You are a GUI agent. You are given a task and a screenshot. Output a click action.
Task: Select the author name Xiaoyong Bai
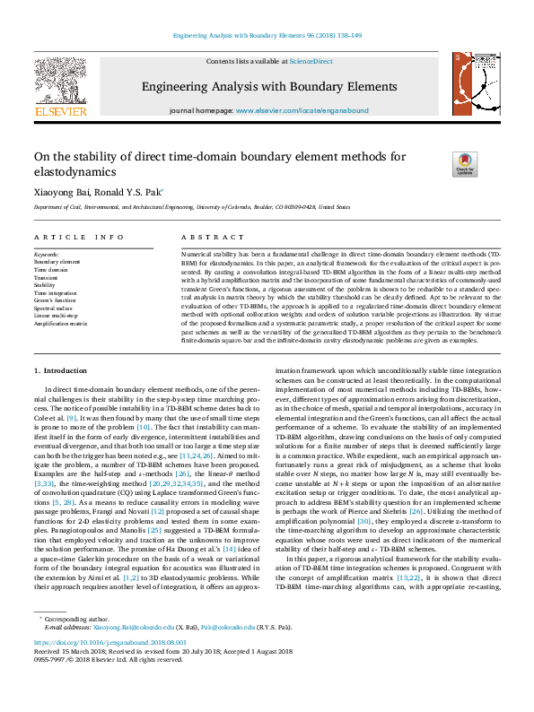tap(59, 191)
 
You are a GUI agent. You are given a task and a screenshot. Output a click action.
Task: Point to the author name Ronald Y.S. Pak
tap(128, 191)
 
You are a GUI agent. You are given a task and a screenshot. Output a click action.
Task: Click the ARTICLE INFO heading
tap(79, 237)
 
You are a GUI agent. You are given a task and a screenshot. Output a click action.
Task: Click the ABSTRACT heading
tap(200, 237)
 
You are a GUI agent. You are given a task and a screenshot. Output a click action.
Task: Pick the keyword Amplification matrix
tap(61, 324)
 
